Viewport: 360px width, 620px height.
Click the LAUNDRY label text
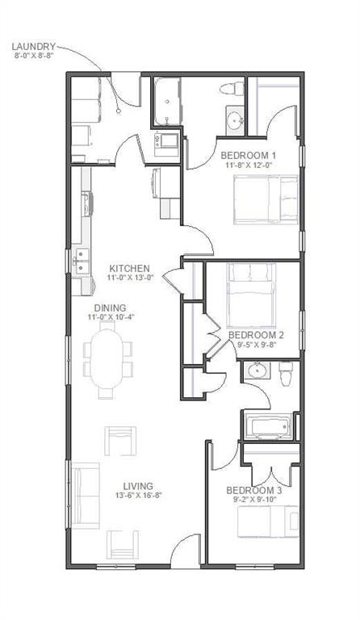(x=33, y=47)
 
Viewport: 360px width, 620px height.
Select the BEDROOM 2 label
(x=255, y=334)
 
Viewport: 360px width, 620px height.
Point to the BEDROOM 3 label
(x=253, y=490)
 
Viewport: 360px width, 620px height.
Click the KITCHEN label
(x=130, y=268)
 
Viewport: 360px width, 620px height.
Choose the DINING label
(x=109, y=307)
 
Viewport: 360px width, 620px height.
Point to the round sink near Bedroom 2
(x=257, y=373)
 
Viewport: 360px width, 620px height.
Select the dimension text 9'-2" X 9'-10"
(x=253, y=500)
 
